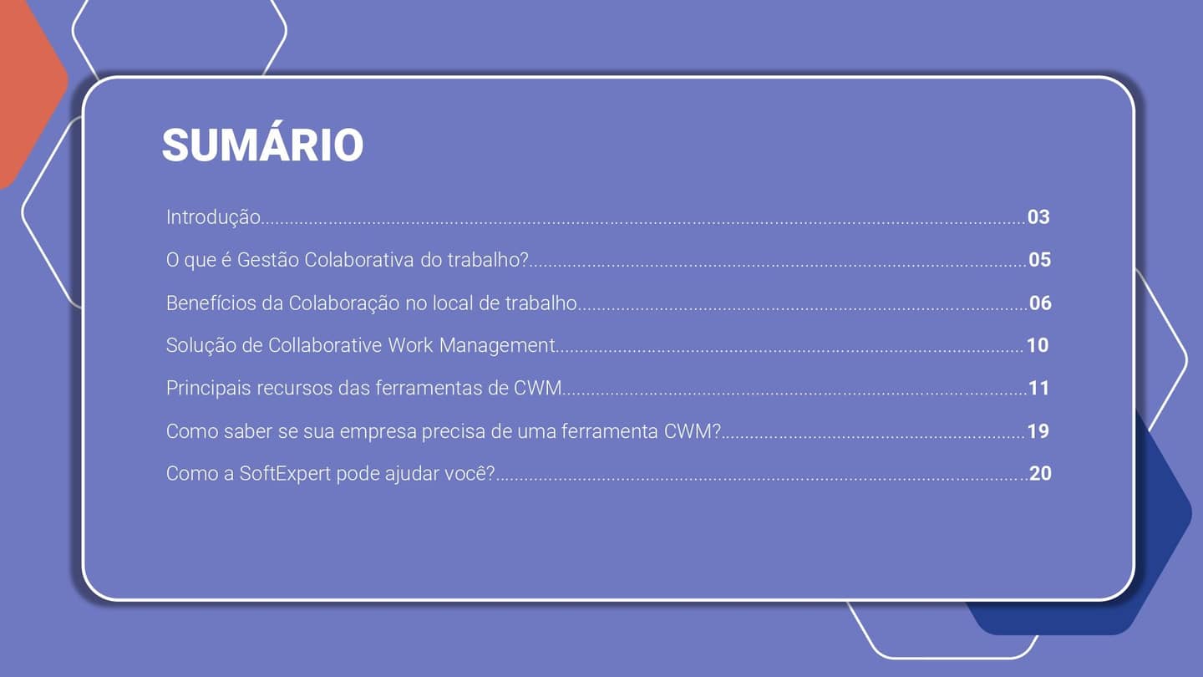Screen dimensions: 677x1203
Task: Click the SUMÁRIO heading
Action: point(262,145)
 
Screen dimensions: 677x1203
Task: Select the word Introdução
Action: point(213,217)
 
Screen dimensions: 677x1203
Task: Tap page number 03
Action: point(1038,217)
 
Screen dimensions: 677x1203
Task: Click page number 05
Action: point(1039,260)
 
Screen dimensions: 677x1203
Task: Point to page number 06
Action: point(1040,303)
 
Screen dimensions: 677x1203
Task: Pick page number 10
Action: point(1037,345)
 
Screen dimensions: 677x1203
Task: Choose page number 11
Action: point(1038,388)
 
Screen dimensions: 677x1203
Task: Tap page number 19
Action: point(1038,431)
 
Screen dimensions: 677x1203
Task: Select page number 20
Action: point(1040,474)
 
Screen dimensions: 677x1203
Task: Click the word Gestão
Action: point(267,260)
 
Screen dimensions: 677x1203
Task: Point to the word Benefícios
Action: point(211,303)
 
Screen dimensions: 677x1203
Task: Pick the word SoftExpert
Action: point(284,474)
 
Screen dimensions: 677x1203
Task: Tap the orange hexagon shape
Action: point(25,84)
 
